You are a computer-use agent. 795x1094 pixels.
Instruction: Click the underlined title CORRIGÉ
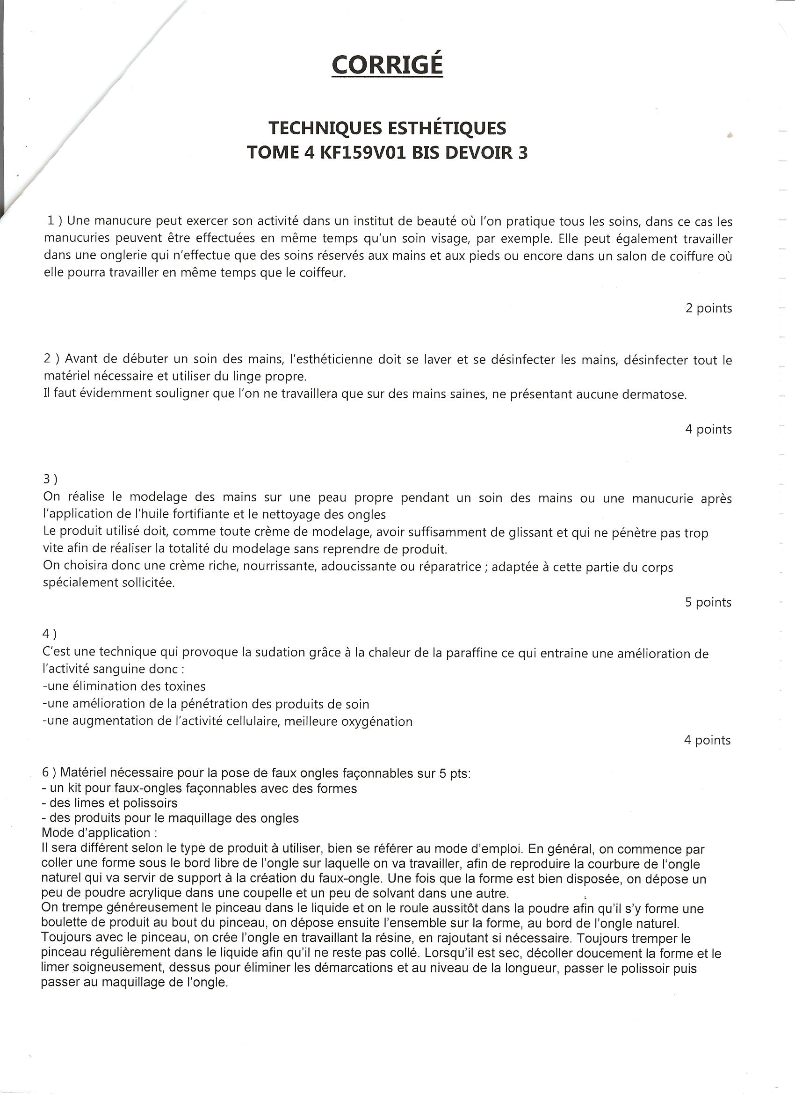pos(387,64)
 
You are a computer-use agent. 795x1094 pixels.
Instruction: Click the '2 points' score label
pos(708,308)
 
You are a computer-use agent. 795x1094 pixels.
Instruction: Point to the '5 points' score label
pos(708,602)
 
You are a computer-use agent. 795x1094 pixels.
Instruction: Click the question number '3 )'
pos(50,479)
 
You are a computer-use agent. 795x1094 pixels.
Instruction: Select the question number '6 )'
pos(49,772)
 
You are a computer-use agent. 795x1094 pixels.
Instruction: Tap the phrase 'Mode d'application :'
pos(99,833)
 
